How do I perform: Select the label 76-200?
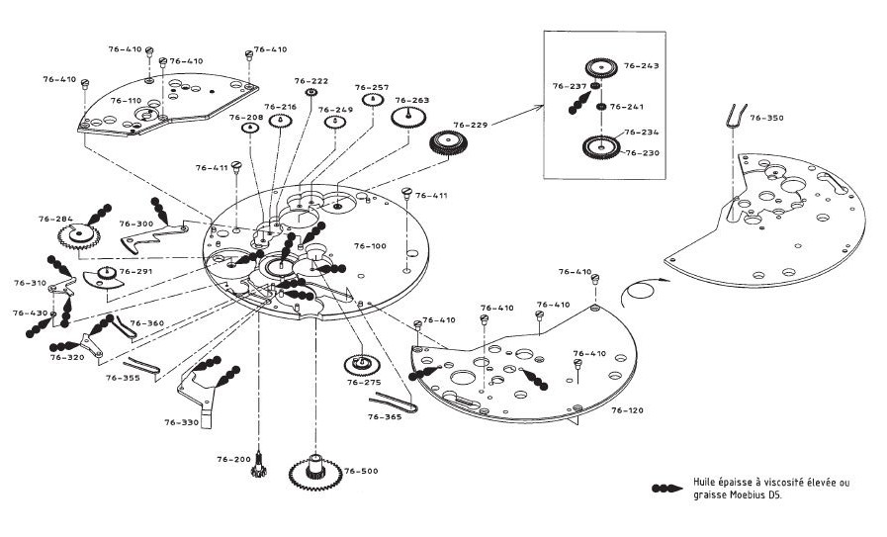click(234, 460)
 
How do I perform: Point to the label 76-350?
click(767, 118)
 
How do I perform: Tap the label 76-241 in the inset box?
click(627, 107)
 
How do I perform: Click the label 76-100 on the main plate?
click(370, 246)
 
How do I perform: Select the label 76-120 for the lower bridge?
click(628, 409)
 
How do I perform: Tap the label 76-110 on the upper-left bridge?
click(126, 101)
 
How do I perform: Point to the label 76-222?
click(311, 80)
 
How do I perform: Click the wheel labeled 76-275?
click(357, 365)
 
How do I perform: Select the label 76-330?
click(181, 422)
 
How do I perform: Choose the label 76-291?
click(135, 272)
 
